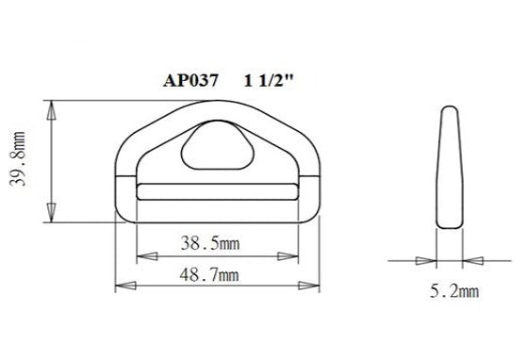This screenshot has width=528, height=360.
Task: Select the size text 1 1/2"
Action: pyautogui.click(x=268, y=81)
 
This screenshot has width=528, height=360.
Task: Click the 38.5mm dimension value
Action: pyautogui.click(x=209, y=243)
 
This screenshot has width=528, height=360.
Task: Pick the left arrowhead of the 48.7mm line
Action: pyautogui.click(x=121, y=285)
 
